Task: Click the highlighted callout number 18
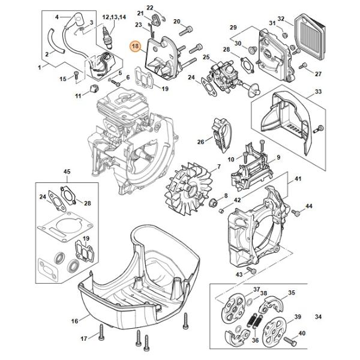(x=136, y=46)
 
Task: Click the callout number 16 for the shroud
(x=74, y=321)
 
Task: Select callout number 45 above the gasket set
(x=67, y=172)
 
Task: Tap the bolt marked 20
(x=186, y=31)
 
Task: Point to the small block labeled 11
(x=94, y=88)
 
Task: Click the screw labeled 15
(x=76, y=76)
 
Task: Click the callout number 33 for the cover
(x=318, y=92)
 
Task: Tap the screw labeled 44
(x=296, y=212)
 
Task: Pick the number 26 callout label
(x=200, y=142)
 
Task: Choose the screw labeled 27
(x=303, y=66)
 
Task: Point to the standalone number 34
(x=318, y=317)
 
